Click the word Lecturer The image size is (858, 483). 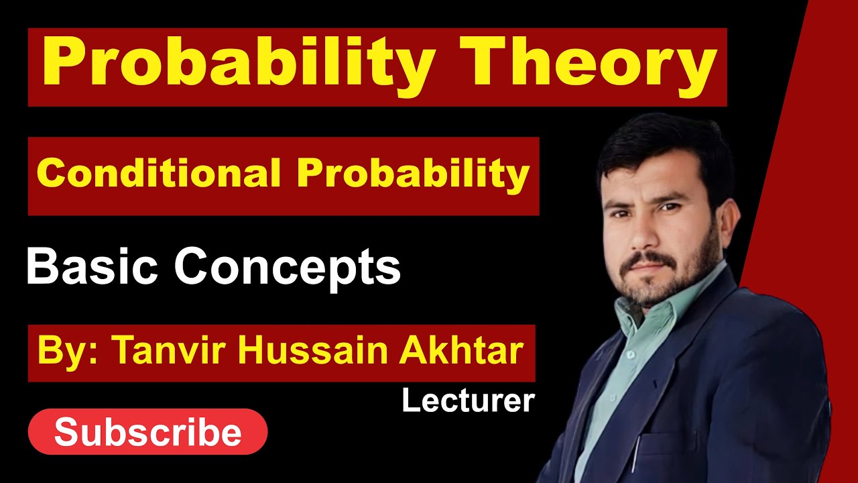[468, 401]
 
